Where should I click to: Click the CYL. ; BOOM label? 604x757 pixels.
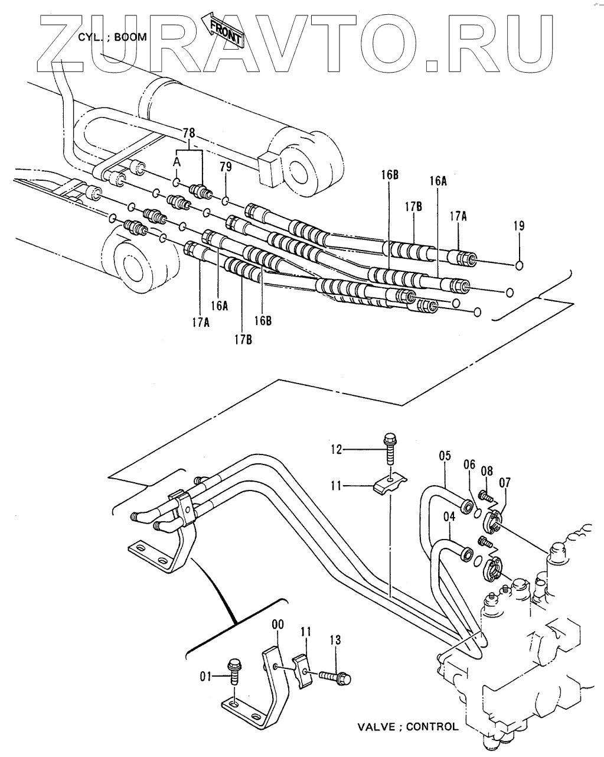[112, 37]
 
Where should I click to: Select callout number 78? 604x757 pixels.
[189, 133]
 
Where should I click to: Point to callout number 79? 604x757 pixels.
[226, 167]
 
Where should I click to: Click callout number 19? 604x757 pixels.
[519, 226]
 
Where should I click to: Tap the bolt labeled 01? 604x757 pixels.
[233, 671]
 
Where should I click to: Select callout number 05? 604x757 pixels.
[445, 456]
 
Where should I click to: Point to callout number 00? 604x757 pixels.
[277, 625]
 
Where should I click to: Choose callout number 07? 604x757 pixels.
[504, 482]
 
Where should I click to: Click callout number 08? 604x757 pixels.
[487, 470]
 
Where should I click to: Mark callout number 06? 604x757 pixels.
[469, 464]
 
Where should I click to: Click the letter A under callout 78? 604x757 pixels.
[177, 162]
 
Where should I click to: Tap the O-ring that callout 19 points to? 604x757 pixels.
[519, 265]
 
